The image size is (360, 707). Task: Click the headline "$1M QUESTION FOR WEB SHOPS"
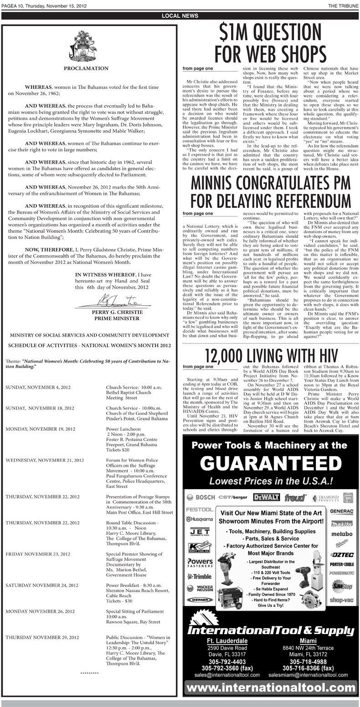(270, 43)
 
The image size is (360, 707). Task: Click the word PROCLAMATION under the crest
(89, 68)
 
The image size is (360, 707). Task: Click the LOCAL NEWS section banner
(180, 16)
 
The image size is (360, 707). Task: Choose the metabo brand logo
(342, 534)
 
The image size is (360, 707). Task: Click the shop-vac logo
(342, 600)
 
